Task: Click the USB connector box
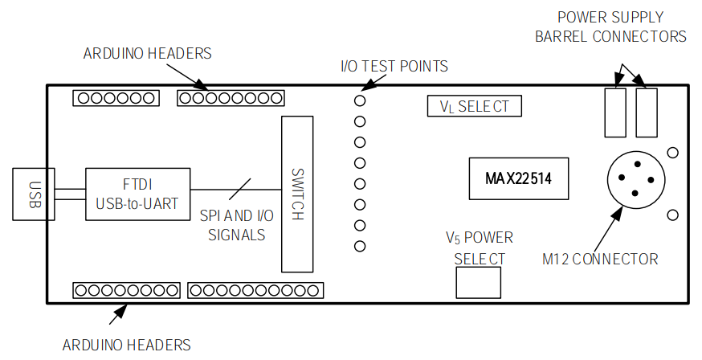pos(33,194)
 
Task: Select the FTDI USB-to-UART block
pos(137,194)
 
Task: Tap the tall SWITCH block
pos(298,194)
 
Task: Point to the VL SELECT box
pos(474,106)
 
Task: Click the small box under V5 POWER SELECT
pos(478,282)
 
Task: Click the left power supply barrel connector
pos(614,112)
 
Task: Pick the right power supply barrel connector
pos(647,112)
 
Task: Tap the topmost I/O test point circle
pos(360,101)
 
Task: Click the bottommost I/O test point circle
pos(360,246)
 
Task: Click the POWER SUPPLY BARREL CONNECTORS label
pos(622,27)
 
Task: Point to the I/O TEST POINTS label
pos(394,66)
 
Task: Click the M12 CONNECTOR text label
pos(600,259)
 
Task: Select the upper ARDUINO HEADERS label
pos(147,54)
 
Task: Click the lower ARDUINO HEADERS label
pos(127,345)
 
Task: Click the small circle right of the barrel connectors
pos(673,153)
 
